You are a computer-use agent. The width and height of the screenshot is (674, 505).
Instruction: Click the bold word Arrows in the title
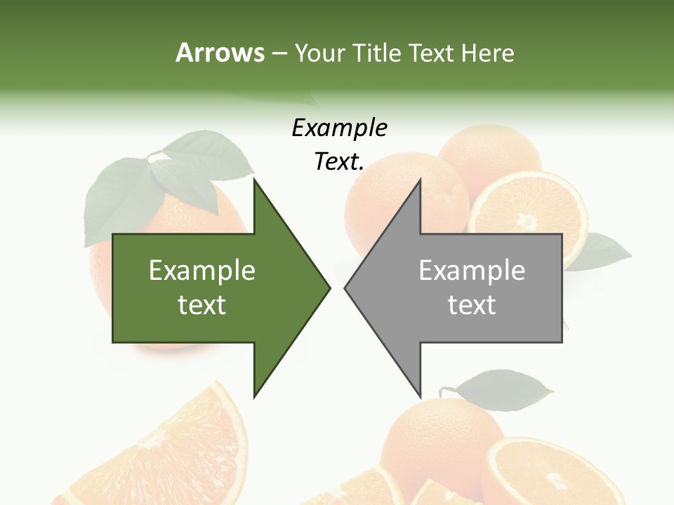point(219,53)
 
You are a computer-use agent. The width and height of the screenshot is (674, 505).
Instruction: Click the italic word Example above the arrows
point(340,128)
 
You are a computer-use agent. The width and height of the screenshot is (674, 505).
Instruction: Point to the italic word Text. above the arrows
point(340,162)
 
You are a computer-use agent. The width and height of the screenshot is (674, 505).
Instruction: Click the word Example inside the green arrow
point(202,271)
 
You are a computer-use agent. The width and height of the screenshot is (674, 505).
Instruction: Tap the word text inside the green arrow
point(202,305)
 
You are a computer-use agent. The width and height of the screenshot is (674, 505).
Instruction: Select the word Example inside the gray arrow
point(472,271)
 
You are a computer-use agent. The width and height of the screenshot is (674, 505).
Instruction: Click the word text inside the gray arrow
point(472,305)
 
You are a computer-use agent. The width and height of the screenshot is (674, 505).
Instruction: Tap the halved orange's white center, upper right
point(527,222)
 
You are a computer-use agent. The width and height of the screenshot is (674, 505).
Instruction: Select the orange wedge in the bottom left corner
point(176,449)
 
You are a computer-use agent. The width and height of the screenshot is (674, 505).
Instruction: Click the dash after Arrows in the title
point(279,53)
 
